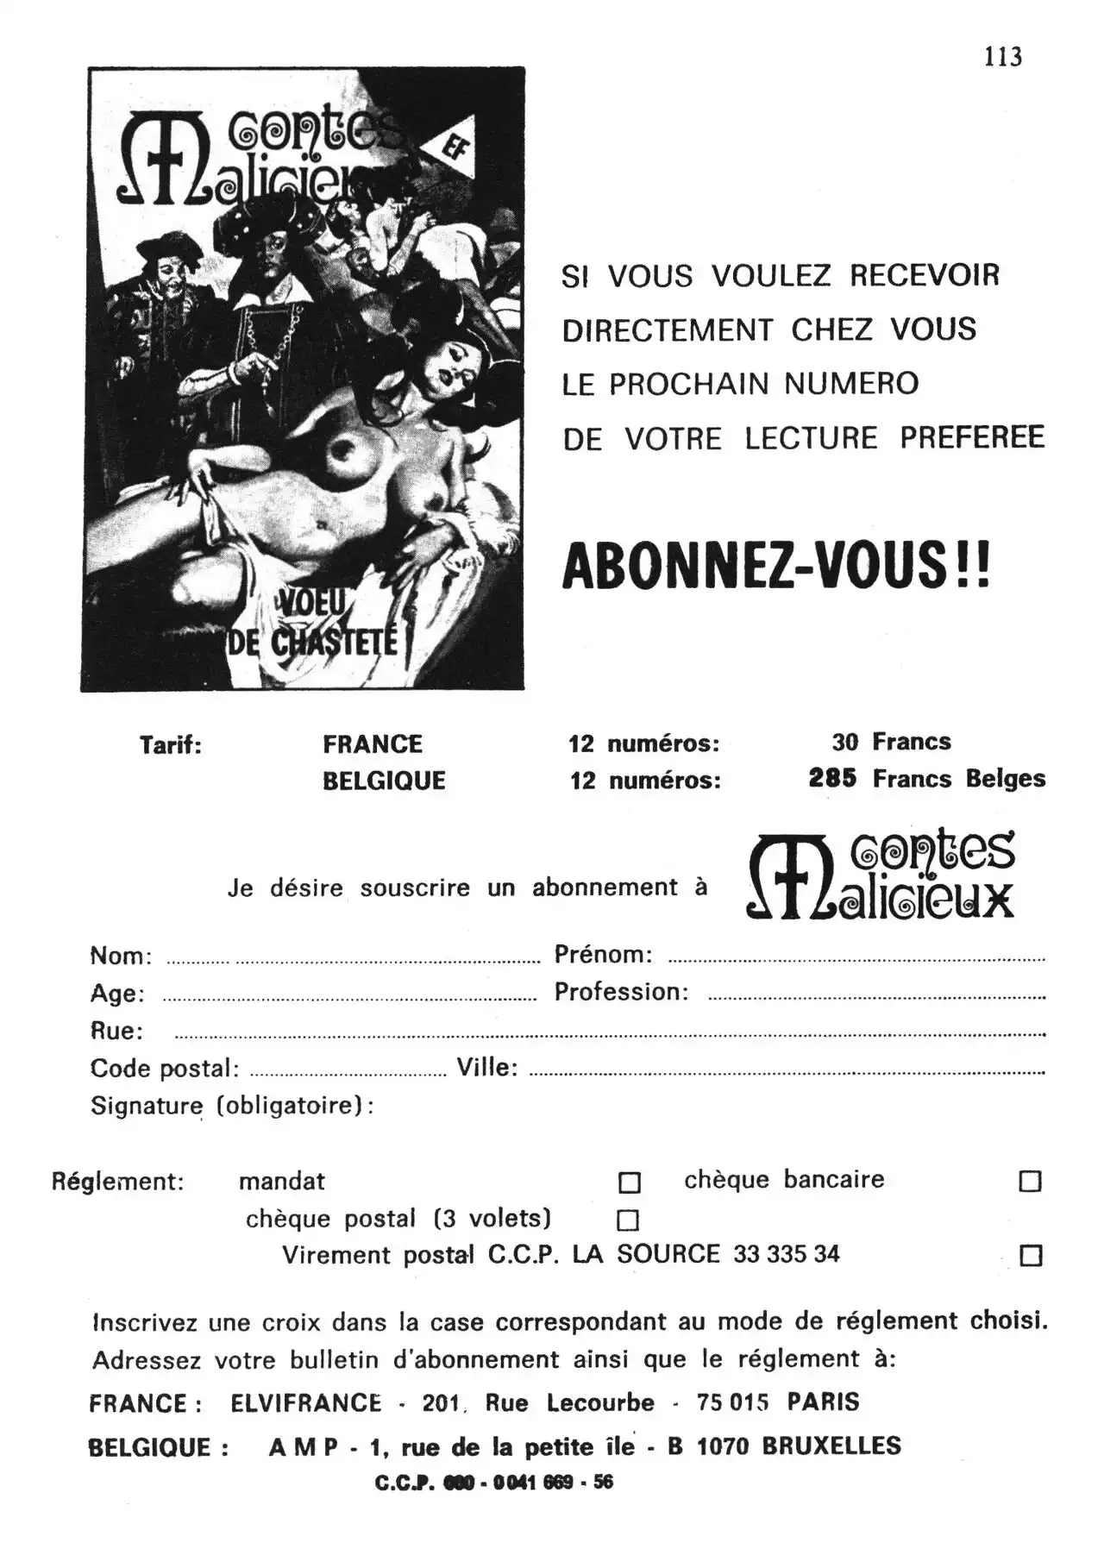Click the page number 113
(1003, 57)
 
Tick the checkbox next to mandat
(630, 1182)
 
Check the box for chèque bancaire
(1030, 1181)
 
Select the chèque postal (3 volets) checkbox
(628, 1220)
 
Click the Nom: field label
(121, 956)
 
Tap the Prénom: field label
(603, 955)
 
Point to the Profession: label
(621, 992)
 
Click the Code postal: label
(165, 1069)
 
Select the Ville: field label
(487, 1068)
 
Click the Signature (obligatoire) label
(232, 1106)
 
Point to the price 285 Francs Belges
(926, 779)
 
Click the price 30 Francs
(891, 742)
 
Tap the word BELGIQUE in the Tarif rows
(384, 781)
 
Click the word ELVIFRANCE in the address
(305, 1403)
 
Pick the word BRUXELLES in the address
(831, 1446)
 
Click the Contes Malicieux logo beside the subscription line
(881, 875)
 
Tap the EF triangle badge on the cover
(452, 149)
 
